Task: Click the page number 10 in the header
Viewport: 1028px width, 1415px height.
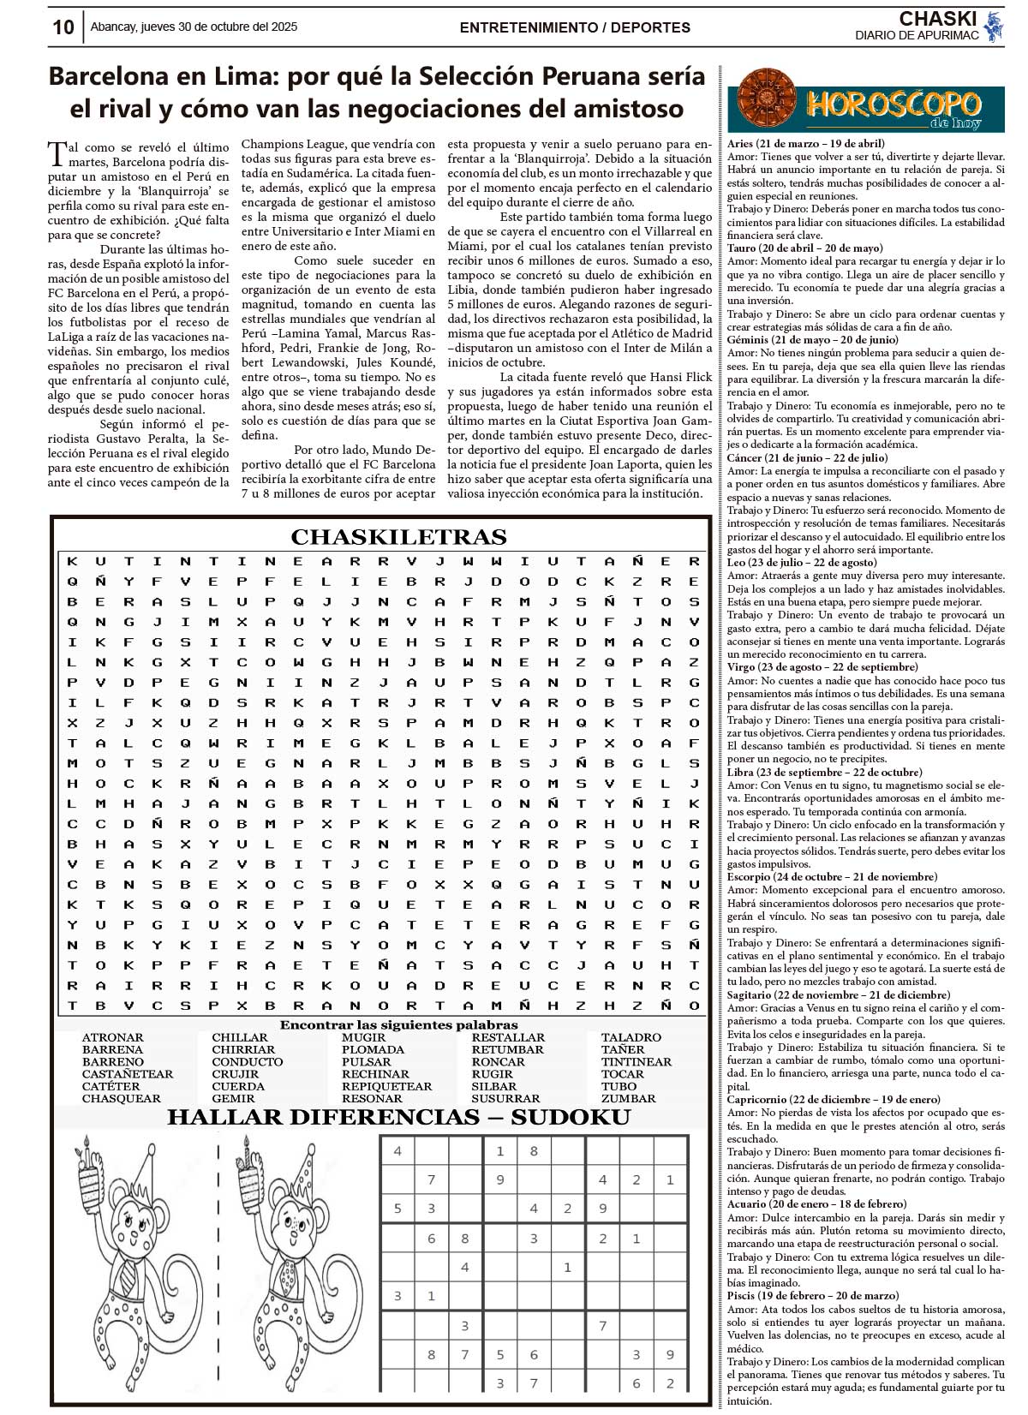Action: click(63, 27)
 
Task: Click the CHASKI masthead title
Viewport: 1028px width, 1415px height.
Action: click(938, 19)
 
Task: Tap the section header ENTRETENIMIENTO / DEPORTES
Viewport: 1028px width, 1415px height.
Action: click(575, 27)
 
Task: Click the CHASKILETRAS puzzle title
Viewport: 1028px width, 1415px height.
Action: click(398, 537)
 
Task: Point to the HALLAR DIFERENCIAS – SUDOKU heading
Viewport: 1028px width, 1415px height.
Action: click(398, 1117)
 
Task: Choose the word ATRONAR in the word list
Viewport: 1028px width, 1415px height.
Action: click(112, 1037)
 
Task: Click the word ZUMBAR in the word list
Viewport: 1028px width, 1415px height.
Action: click(628, 1098)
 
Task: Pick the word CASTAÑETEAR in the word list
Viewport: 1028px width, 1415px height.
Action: click(128, 1074)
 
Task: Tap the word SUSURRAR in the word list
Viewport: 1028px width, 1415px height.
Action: click(505, 1098)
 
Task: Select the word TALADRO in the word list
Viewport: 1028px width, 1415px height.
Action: click(631, 1037)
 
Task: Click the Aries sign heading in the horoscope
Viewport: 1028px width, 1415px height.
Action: click(805, 144)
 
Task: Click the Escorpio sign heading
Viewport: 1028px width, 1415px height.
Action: click(831, 877)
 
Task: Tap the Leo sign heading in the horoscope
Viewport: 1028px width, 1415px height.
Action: click(801, 563)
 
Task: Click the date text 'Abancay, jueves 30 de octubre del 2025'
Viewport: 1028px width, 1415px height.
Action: click(194, 27)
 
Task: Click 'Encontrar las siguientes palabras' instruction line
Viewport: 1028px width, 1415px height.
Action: click(398, 1024)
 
